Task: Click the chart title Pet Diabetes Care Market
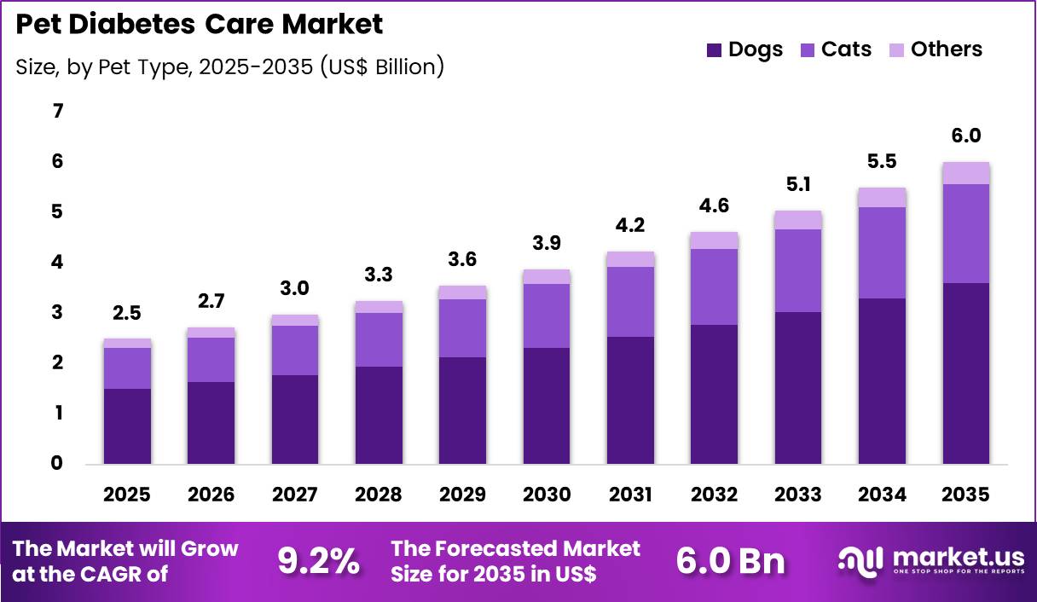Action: tap(200, 24)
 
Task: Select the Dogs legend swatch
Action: tap(714, 50)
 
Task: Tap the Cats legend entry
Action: tap(836, 49)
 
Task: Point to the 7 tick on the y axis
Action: tap(57, 111)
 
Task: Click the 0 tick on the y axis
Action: tap(57, 464)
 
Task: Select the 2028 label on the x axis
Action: tap(379, 495)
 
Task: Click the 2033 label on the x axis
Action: tap(798, 495)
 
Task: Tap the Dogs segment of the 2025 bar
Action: tap(128, 426)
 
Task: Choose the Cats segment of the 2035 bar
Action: tap(966, 234)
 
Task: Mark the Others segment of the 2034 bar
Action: tap(882, 198)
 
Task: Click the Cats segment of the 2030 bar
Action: tap(547, 315)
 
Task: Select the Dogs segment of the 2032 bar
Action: tap(715, 394)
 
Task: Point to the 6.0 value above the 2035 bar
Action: tap(966, 136)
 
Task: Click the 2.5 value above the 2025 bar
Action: tap(128, 313)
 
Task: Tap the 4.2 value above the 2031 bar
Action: tap(631, 226)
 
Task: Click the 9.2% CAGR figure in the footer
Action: tap(318, 561)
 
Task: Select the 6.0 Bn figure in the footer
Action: tap(730, 561)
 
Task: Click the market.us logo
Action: tap(930, 561)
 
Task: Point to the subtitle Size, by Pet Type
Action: tap(229, 67)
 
